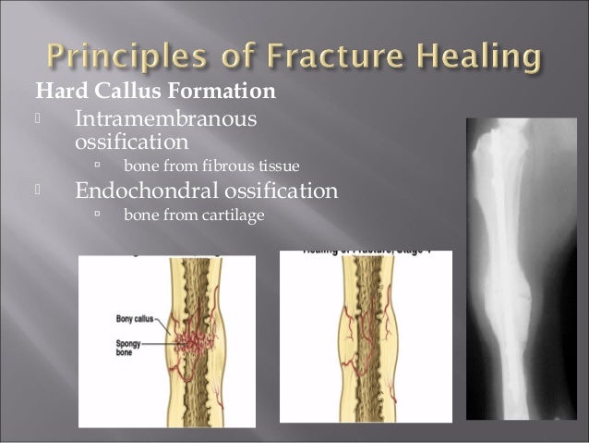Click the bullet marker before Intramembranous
click(38, 120)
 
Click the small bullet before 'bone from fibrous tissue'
click(95, 166)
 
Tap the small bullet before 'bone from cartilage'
click(95, 215)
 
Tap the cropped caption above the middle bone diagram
click(366, 253)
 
